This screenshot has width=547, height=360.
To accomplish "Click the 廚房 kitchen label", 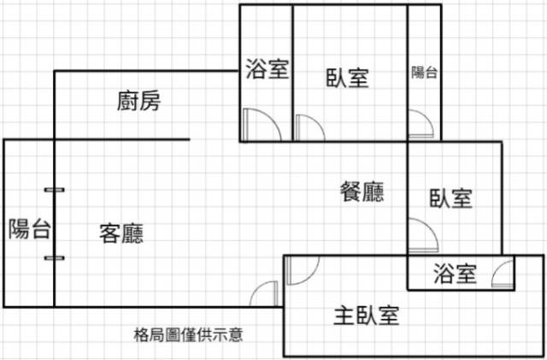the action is coord(138,101).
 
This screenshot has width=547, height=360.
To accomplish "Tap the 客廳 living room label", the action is coord(121,233).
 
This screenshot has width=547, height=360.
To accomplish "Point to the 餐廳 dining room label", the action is coord(362,192).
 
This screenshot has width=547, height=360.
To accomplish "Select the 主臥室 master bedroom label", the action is coord(367,316).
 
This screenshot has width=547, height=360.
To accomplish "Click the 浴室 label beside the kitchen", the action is coord(268,68).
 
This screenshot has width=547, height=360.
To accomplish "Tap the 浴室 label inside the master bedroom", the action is coord(455,274).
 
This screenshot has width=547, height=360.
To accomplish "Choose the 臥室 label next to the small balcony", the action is coord(348,78).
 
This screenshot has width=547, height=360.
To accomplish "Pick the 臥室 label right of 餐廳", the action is coord(450,198).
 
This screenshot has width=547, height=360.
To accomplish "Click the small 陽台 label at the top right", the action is coord(424,73).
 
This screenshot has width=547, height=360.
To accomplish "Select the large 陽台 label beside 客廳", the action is coord(30,228).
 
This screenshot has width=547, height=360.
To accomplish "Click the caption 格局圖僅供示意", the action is coord(188,335).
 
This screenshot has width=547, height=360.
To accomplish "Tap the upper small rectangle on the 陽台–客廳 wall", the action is coord(55,190).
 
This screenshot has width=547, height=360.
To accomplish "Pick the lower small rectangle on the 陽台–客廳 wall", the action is coord(55,258).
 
